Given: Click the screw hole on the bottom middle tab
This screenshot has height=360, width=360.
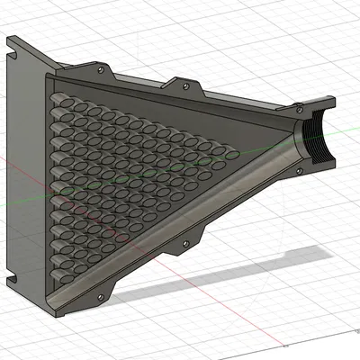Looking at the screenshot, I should [x=186, y=243].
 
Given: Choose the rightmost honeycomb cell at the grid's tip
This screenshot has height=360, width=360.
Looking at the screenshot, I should [x=231, y=156].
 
